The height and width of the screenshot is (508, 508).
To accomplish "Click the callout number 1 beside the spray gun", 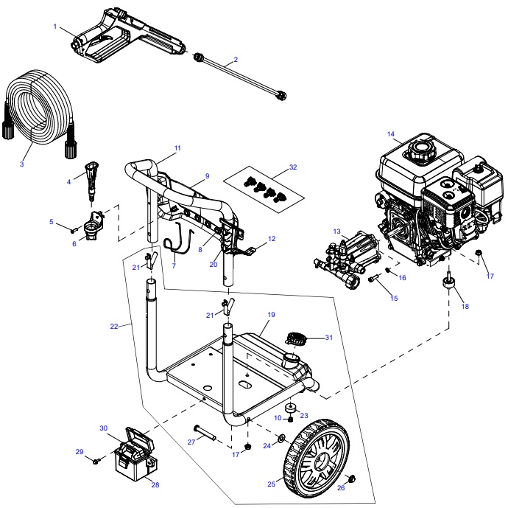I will [x=55, y=27].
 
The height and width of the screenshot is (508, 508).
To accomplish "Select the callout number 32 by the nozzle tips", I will [x=293, y=167].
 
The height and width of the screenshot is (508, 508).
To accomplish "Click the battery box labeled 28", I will [x=133, y=464].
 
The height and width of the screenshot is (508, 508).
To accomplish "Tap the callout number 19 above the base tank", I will [x=271, y=315].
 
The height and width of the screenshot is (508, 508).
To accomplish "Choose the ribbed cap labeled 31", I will [x=295, y=340].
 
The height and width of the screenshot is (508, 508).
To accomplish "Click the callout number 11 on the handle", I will [x=177, y=148].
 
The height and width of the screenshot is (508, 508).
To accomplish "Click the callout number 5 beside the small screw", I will [x=52, y=221].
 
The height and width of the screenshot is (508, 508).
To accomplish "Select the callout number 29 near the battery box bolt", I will [x=80, y=451].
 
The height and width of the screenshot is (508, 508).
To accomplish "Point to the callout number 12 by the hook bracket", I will [x=271, y=239].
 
